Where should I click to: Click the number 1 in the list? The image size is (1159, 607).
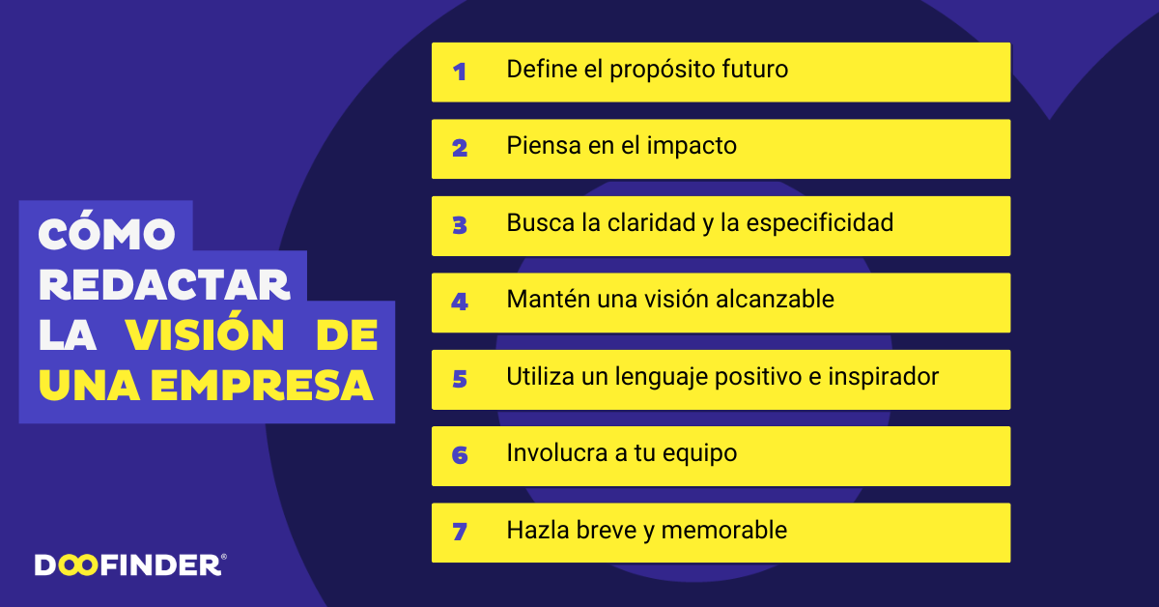click(460, 72)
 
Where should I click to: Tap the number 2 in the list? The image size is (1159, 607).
click(460, 148)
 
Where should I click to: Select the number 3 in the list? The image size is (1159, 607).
click(460, 225)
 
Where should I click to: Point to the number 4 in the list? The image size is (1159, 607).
click(460, 302)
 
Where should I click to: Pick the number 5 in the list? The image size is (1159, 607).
click(460, 378)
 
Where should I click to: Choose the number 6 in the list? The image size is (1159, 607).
click(460, 454)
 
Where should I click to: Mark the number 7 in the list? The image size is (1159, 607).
click(460, 532)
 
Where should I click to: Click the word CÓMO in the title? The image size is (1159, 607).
click(107, 233)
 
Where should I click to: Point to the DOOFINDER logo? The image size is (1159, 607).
click(130, 564)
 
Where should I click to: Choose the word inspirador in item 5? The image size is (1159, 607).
click(883, 377)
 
